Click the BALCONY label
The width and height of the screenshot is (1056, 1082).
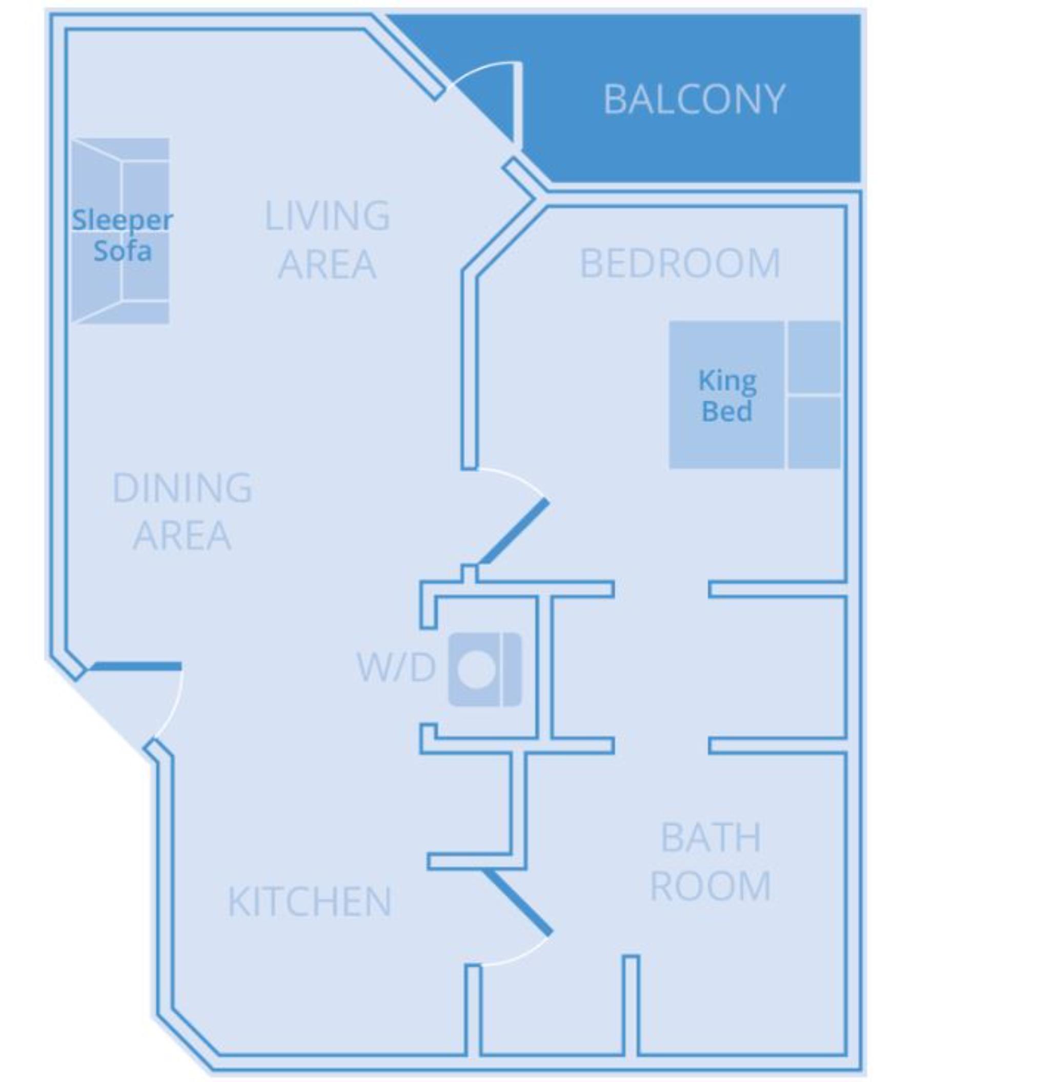coord(693,100)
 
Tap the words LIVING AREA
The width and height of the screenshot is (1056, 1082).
coord(327,239)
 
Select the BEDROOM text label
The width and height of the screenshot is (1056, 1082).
coord(680,263)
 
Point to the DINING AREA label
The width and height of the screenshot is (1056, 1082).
coord(182,511)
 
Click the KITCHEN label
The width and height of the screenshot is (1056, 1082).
coord(310,901)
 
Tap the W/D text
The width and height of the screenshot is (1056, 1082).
coord(395,668)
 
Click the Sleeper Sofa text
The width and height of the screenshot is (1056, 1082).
coord(122,235)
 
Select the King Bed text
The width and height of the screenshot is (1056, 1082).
coord(726,396)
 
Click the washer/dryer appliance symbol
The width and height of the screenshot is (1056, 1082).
coord(485,670)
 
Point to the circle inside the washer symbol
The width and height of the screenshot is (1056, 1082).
coord(476,670)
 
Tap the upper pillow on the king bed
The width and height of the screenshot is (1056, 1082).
coord(814,357)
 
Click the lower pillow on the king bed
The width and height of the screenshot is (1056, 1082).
coord(814,432)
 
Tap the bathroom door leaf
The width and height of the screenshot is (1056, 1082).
coord(519,902)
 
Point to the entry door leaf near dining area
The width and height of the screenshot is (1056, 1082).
coord(136,665)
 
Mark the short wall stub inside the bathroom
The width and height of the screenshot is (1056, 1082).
coord(631,1003)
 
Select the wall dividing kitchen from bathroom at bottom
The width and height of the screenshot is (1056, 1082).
coord(473,1009)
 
